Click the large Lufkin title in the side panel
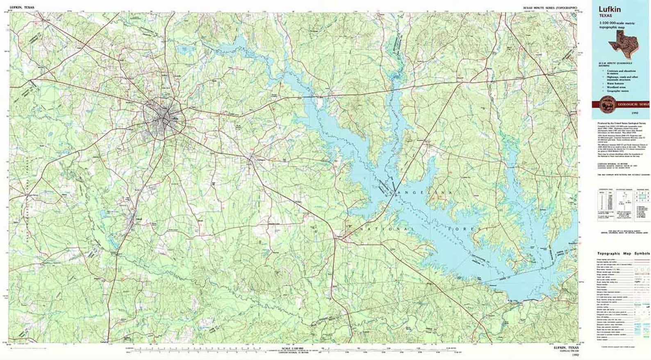click(x=610, y=9)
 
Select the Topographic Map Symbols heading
click(x=623, y=253)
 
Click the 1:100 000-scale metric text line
click(x=617, y=23)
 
